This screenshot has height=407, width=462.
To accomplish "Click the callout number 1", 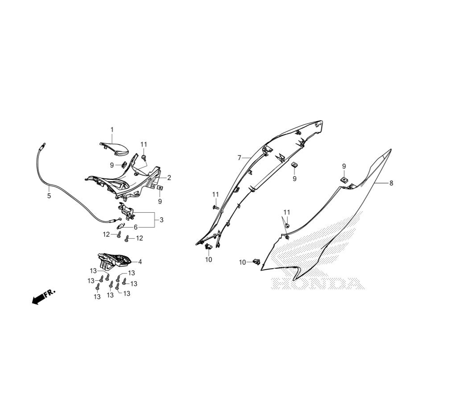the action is pos(112,130).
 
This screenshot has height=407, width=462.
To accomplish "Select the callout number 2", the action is pos(169,178).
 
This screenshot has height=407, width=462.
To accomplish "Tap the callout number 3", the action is pos(161,220).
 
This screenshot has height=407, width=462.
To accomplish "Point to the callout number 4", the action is pos(140,262).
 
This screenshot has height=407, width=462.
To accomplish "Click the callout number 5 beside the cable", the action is pos(49,196).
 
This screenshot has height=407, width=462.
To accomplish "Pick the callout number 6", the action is pos(135,227).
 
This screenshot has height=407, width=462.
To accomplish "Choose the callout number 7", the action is pos(239,158).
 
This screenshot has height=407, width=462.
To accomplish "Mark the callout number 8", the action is pos(391,183).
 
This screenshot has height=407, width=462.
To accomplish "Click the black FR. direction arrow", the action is pos(43,297).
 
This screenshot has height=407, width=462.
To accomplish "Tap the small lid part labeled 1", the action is pos(114,149).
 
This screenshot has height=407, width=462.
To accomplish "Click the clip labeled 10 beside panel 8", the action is pos(257,261).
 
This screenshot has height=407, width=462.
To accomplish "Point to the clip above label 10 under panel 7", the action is pos(208,247).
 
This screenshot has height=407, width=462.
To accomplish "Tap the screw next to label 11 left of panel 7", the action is pos(215,208).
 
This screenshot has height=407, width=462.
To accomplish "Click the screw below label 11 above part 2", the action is pos(144,157).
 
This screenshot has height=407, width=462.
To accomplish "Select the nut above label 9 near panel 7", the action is pos(294,164).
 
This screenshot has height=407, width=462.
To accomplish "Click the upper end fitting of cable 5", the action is pos(43,147).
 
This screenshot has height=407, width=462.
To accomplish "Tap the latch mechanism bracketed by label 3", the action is pos(127,211).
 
